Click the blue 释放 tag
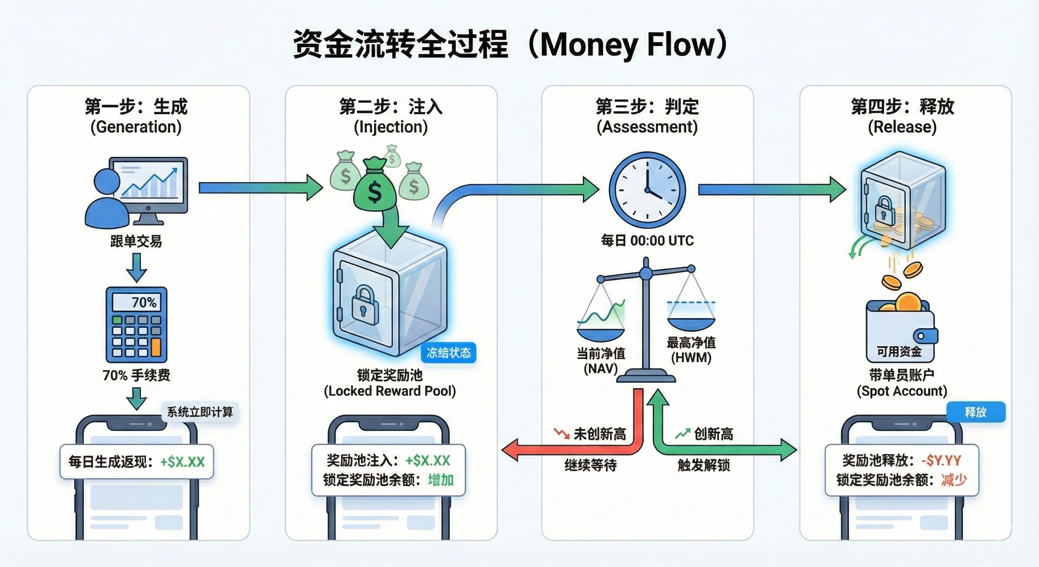point(976,412)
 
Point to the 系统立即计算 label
point(200,412)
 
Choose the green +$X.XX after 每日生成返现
point(182,462)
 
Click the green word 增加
point(441,480)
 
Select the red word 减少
point(954,480)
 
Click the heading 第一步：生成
point(136,107)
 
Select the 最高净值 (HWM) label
point(691,350)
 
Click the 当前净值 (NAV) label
point(601,361)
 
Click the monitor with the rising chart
point(150,186)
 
